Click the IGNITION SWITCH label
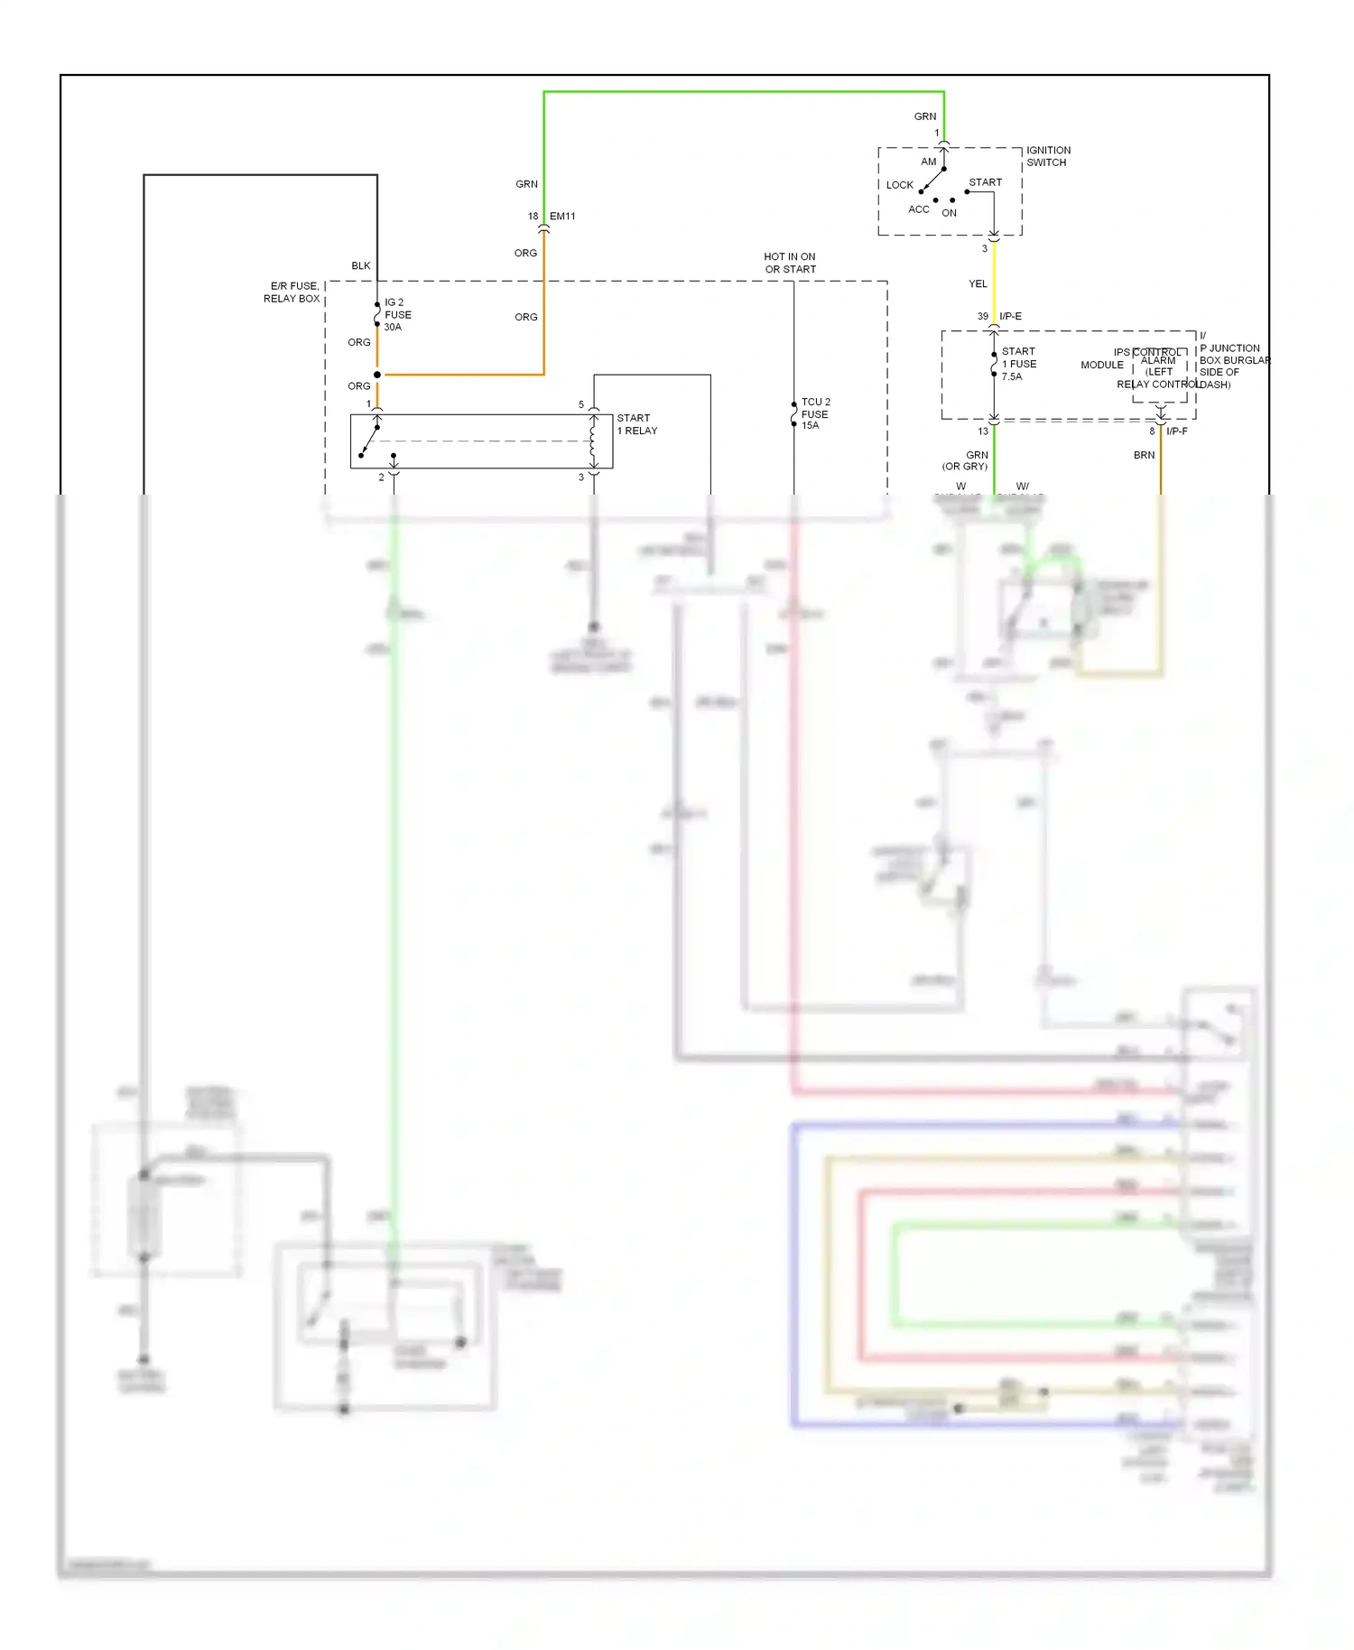(x=1048, y=156)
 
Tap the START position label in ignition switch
(x=985, y=182)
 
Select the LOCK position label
(x=899, y=185)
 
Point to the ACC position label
(x=918, y=209)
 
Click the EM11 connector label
(x=562, y=217)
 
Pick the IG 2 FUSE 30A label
(x=397, y=315)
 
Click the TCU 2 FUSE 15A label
(x=815, y=413)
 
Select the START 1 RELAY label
(x=637, y=424)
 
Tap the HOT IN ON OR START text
(x=790, y=263)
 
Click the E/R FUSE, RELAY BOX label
(x=292, y=292)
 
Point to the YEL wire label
(x=978, y=283)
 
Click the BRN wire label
(x=1144, y=455)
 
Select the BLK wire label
(x=361, y=265)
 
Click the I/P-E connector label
(x=1010, y=317)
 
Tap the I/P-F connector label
(x=1177, y=431)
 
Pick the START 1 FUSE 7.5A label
(x=1018, y=364)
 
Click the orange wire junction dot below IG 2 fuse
(x=377, y=375)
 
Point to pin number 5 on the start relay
(x=581, y=404)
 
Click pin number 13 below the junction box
(x=983, y=431)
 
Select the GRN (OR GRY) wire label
(x=966, y=460)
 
